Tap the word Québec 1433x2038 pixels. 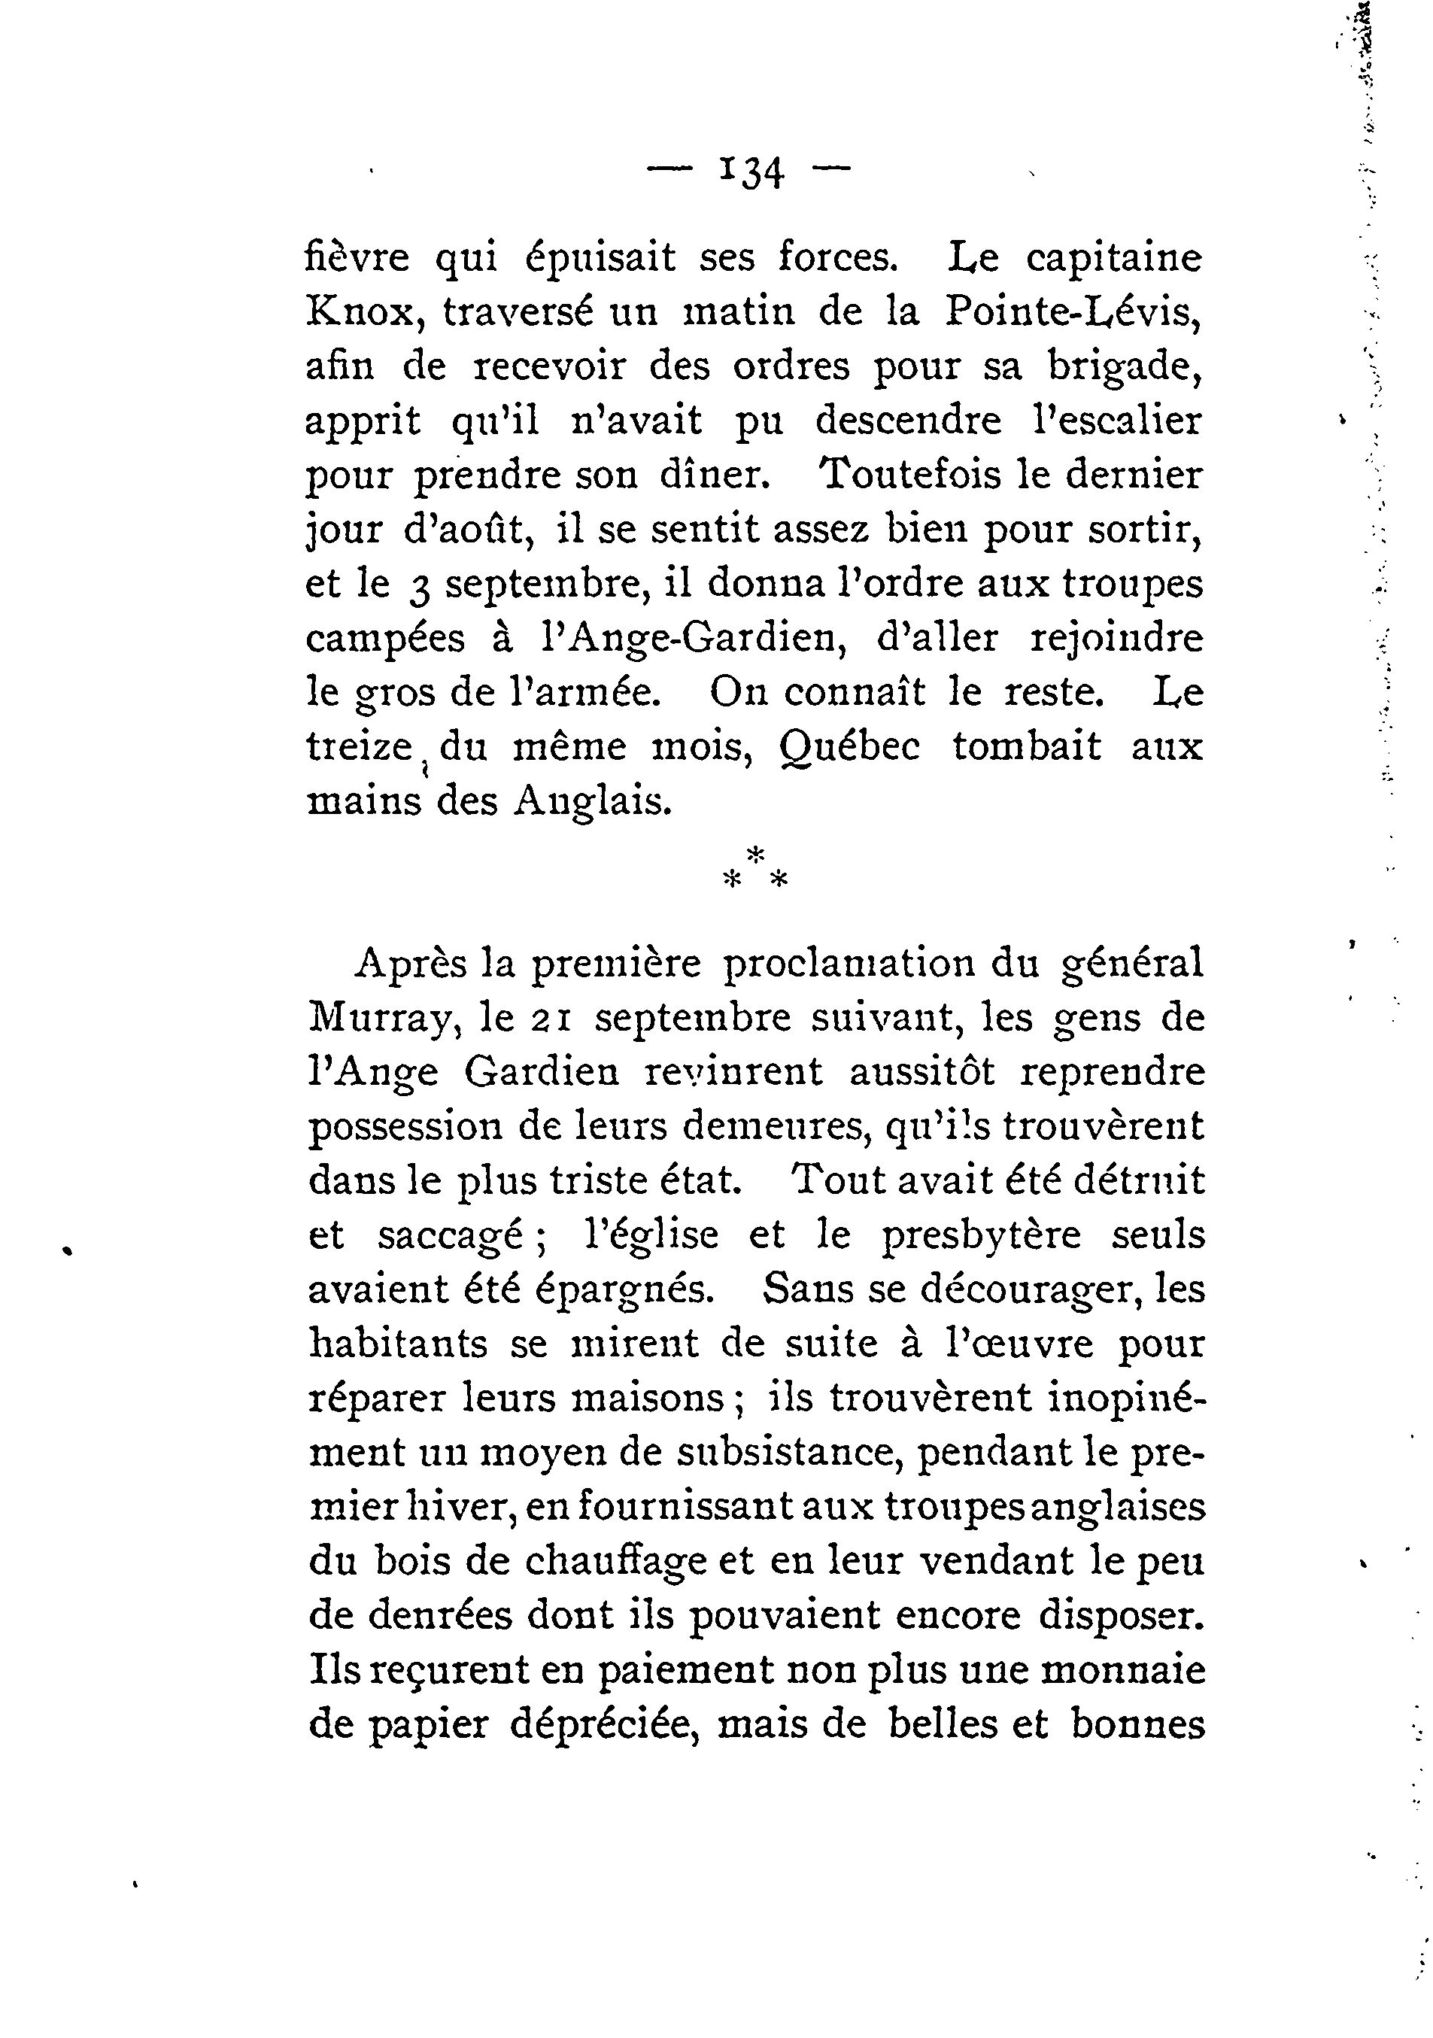(849, 746)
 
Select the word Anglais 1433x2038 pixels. (590, 801)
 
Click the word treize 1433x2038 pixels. (360, 746)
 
